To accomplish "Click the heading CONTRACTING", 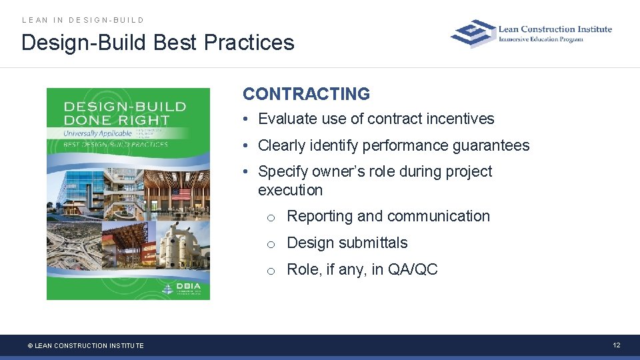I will click(306, 94).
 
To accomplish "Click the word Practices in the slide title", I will click(249, 43).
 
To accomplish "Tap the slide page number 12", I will click(617, 345).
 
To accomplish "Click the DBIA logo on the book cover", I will click(185, 288).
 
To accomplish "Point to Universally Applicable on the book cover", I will click(97, 133).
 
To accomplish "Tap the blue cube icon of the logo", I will click(473, 33).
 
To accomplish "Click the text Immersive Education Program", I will click(541, 39).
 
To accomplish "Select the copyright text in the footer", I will click(85, 345).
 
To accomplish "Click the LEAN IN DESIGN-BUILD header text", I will click(83, 20).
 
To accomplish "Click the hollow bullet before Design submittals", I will click(271, 244).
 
